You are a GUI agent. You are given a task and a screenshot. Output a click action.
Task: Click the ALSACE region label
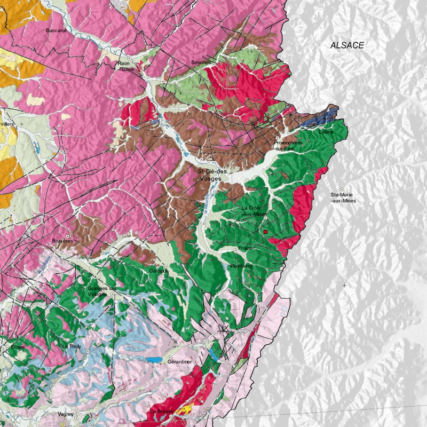(x=347, y=45)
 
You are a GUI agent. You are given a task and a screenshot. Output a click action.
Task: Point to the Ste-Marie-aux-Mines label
(x=343, y=197)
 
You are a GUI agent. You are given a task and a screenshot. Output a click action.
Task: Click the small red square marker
(x=265, y=232)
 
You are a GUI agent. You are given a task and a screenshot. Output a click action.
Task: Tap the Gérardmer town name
(x=179, y=361)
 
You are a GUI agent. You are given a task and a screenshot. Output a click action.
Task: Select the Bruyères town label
(x=62, y=241)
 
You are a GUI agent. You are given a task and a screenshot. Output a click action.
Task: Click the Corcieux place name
(x=159, y=271)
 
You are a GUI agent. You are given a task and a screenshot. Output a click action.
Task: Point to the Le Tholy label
(x=71, y=346)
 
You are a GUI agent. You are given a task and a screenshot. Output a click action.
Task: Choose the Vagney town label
(x=67, y=414)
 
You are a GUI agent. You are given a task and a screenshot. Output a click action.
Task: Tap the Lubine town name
(x=326, y=132)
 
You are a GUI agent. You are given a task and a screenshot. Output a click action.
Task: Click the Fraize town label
(x=246, y=248)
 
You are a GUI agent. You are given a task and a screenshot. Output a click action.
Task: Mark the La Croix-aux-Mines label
(x=254, y=210)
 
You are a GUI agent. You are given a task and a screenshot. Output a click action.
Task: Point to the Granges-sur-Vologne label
(x=101, y=291)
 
